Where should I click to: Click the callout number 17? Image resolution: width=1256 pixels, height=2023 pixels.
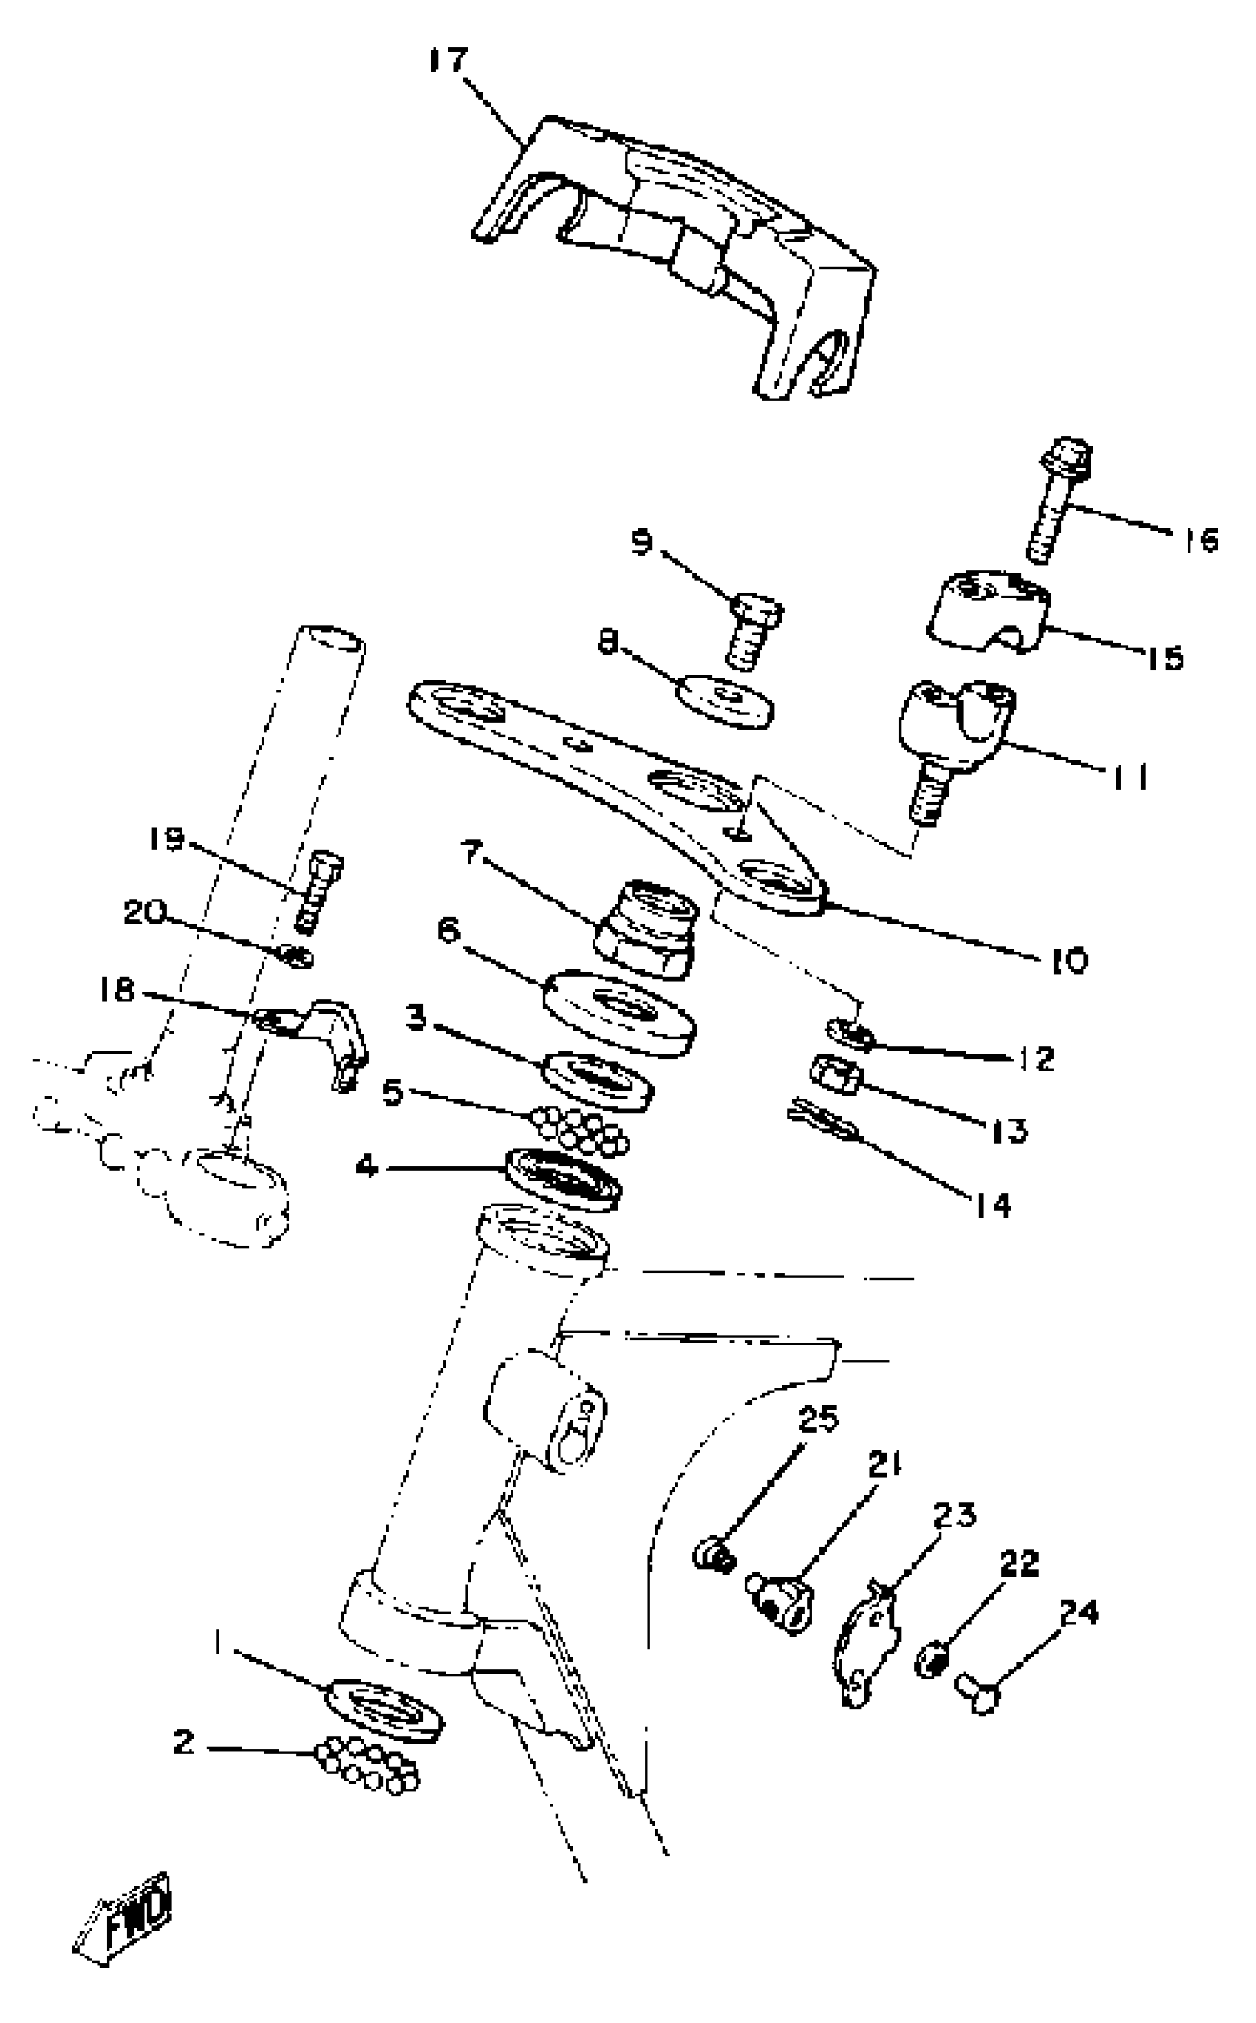point(448,62)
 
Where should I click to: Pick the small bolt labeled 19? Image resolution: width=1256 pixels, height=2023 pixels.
point(317,890)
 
